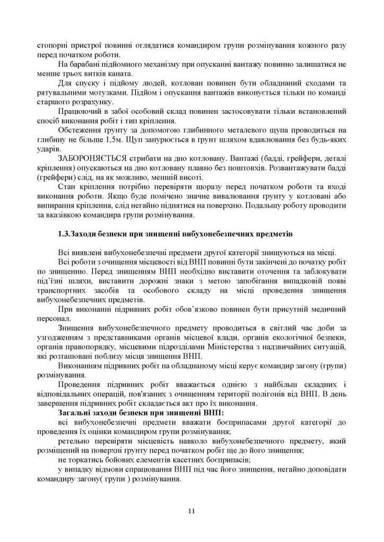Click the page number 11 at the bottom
191,511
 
